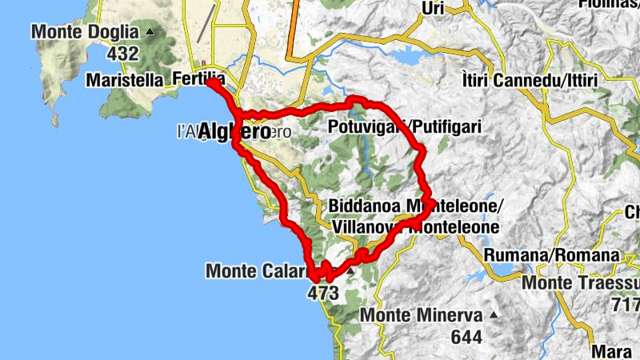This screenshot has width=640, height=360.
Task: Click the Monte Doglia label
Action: [x=86, y=33]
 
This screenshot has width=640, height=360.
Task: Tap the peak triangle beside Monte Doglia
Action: [x=150, y=32]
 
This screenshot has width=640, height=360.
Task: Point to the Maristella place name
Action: [x=124, y=80]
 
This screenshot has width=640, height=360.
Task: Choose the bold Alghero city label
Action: [x=234, y=132]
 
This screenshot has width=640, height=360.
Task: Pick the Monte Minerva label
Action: [x=421, y=315]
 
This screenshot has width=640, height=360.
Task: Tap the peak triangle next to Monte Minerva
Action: [x=494, y=314]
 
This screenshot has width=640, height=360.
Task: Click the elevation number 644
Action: [x=466, y=337]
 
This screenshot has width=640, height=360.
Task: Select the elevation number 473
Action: [x=323, y=294]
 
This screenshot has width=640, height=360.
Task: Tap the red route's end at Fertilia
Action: [x=210, y=82]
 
